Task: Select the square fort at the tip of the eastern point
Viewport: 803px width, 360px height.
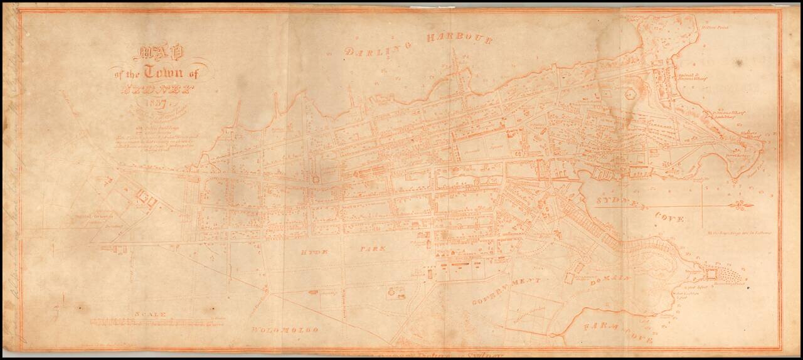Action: click(712, 274)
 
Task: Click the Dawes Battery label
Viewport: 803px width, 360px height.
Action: click(735, 153)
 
